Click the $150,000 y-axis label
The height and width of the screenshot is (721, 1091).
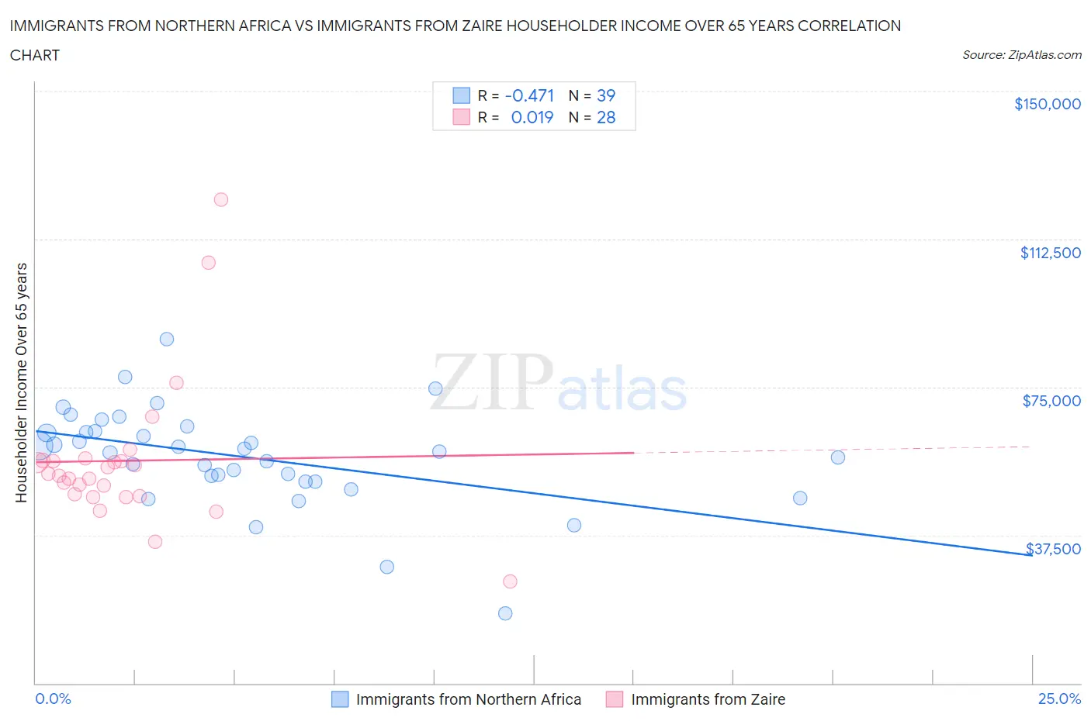pyautogui.click(x=1047, y=104)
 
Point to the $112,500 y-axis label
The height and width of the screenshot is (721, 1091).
pyautogui.click(x=1050, y=253)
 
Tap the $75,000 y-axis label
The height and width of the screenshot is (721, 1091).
pyautogui.click(x=1051, y=401)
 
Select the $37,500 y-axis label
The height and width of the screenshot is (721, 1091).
pyautogui.click(x=1053, y=549)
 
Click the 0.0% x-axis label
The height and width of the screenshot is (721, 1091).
pyautogui.click(x=53, y=699)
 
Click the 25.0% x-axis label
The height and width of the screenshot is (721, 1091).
pyautogui.click(x=1059, y=699)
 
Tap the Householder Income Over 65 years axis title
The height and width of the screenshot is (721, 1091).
pyautogui.click(x=22, y=382)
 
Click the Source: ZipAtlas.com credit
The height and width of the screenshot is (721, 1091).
pyautogui.click(x=1021, y=55)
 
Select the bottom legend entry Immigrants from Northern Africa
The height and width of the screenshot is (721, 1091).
pyautogui.click(x=468, y=699)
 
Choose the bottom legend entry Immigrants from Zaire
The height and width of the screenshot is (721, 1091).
pyautogui.click(x=708, y=699)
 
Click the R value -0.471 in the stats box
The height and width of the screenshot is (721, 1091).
pyautogui.click(x=529, y=95)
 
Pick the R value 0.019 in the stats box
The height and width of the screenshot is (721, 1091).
pyautogui.click(x=532, y=117)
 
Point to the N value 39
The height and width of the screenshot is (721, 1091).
pyautogui.click(x=606, y=95)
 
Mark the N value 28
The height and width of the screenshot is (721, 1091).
pyautogui.click(x=606, y=117)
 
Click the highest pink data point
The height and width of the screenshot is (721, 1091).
pyautogui.click(x=221, y=199)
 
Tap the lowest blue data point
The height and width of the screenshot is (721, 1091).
pyautogui.click(x=505, y=613)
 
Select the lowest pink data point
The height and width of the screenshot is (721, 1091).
pyautogui.click(x=510, y=581)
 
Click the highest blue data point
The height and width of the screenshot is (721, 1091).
pyautogui.click(x=167, y=339)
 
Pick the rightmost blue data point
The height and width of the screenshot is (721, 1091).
pyautogui.click(x=838, y=457)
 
